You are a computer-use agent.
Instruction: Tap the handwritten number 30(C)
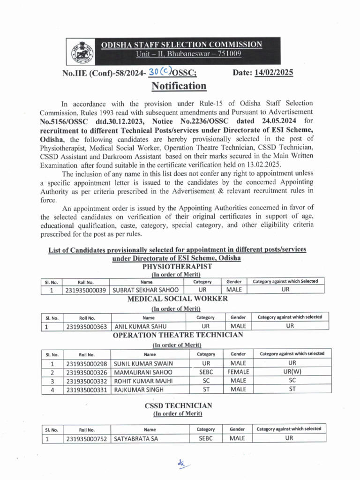(x=159, y=71)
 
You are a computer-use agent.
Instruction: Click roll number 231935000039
(x=86, y=290)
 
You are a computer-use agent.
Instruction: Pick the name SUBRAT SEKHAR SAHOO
(x=142, y=290)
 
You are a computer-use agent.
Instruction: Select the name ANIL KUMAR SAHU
(x=140, y=326)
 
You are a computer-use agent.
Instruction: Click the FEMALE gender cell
(x=239, y=372)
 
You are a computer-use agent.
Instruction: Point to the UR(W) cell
(x=292, y=372)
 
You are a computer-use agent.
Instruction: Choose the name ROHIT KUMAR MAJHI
(x=143, y=381)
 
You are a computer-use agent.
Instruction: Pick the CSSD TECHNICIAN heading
(x=178, y=405)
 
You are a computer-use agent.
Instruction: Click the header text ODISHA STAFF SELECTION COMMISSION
(x=182, y=45)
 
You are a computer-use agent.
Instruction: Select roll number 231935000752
(x=87, y=439)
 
